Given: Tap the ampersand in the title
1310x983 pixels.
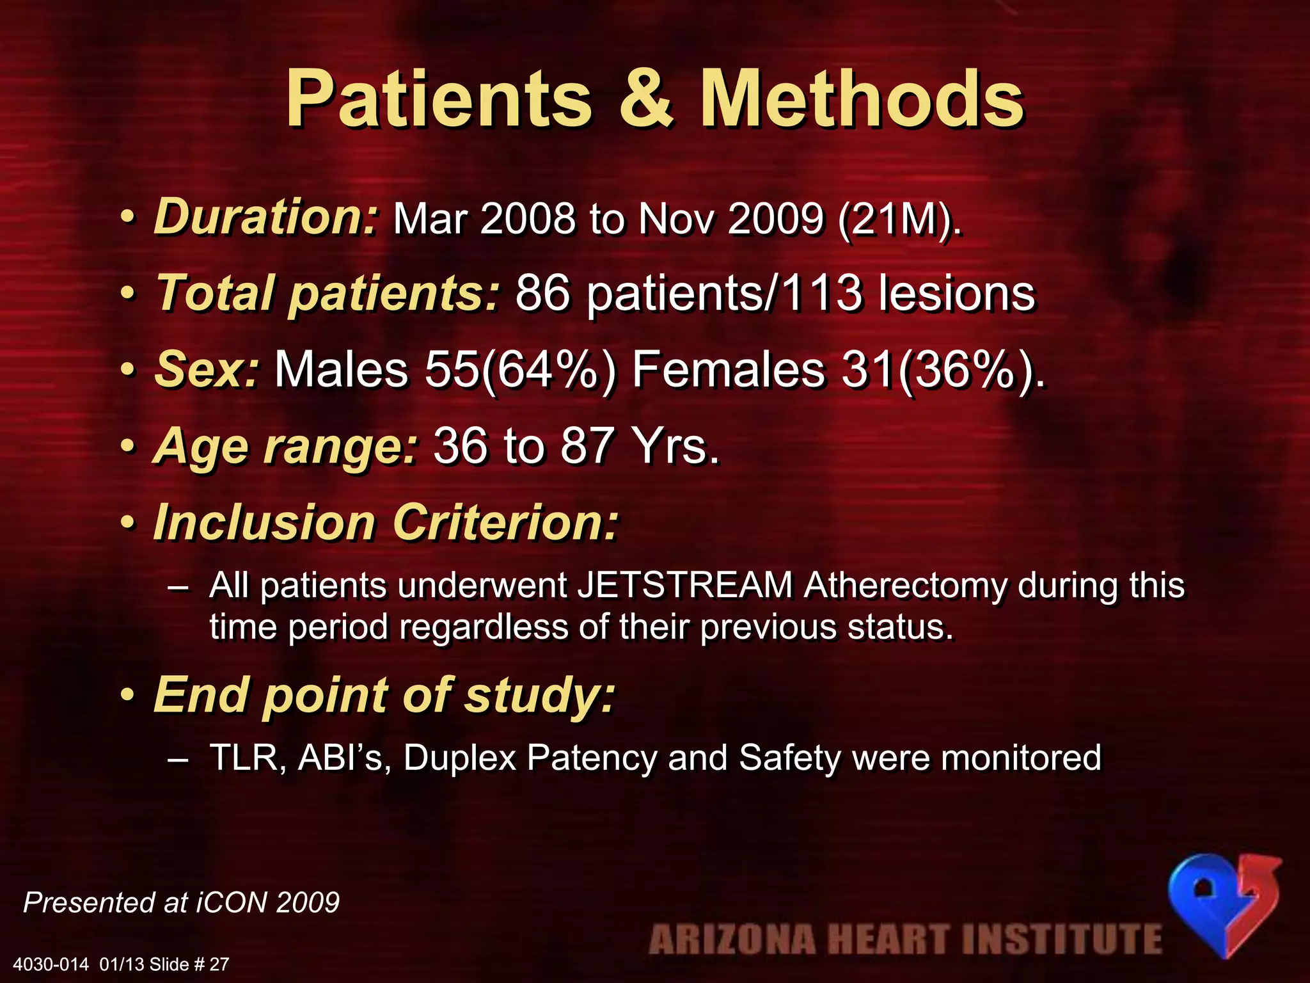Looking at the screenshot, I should tap(646, 99).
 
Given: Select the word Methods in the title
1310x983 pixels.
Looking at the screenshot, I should tap(862, 99).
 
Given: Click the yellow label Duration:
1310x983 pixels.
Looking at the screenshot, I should tap(267, 217).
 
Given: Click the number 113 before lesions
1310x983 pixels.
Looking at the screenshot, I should tap(821, 294).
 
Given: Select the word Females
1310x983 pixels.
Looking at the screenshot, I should tap(729, 370).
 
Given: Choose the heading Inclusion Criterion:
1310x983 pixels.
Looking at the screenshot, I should tap(386, 522).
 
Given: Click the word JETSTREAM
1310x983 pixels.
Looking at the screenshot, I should tap(685, 585).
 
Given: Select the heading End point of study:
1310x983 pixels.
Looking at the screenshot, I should tap(384, 695).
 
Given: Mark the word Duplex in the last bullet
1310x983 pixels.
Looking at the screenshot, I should tap(459, 759).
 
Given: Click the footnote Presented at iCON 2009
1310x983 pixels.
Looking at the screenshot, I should tap(181, 902).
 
